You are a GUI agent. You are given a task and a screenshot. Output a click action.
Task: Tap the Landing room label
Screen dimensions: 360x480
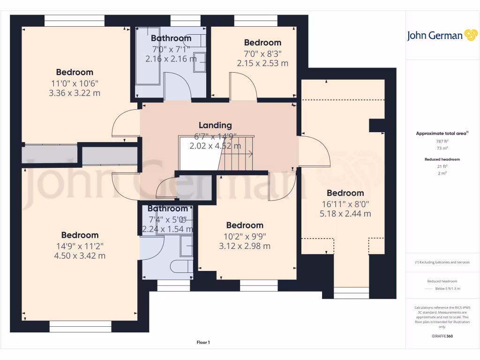point(215,125)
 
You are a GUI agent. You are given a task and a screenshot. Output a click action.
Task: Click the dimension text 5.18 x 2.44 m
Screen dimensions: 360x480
point(345,214)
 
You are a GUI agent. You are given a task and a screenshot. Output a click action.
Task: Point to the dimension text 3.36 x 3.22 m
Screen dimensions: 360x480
point(75,93)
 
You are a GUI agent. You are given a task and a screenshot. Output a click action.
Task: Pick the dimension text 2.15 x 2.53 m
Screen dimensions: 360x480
point(262,63)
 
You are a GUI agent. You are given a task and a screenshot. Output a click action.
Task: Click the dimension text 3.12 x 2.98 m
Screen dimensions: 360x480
point(244,246)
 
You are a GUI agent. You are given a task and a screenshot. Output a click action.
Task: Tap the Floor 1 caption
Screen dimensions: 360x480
point(203,343)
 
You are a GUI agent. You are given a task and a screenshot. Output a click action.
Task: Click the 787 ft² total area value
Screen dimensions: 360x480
point(442,141)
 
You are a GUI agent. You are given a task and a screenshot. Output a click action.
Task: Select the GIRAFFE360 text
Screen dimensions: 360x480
point(442,336)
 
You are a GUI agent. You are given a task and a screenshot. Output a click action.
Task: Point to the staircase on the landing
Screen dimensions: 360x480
point(237,153)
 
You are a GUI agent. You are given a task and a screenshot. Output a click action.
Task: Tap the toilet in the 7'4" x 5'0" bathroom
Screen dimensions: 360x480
point(181,267)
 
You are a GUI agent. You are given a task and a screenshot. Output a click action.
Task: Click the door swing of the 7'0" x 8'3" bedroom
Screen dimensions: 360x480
point(243,86)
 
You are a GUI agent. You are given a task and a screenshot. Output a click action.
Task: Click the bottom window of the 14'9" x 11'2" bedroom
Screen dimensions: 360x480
point(80,327)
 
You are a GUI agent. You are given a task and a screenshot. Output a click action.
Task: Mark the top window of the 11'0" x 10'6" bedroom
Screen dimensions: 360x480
point(75,21)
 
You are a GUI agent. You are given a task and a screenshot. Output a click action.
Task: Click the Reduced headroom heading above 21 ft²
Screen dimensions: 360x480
point(442,159)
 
